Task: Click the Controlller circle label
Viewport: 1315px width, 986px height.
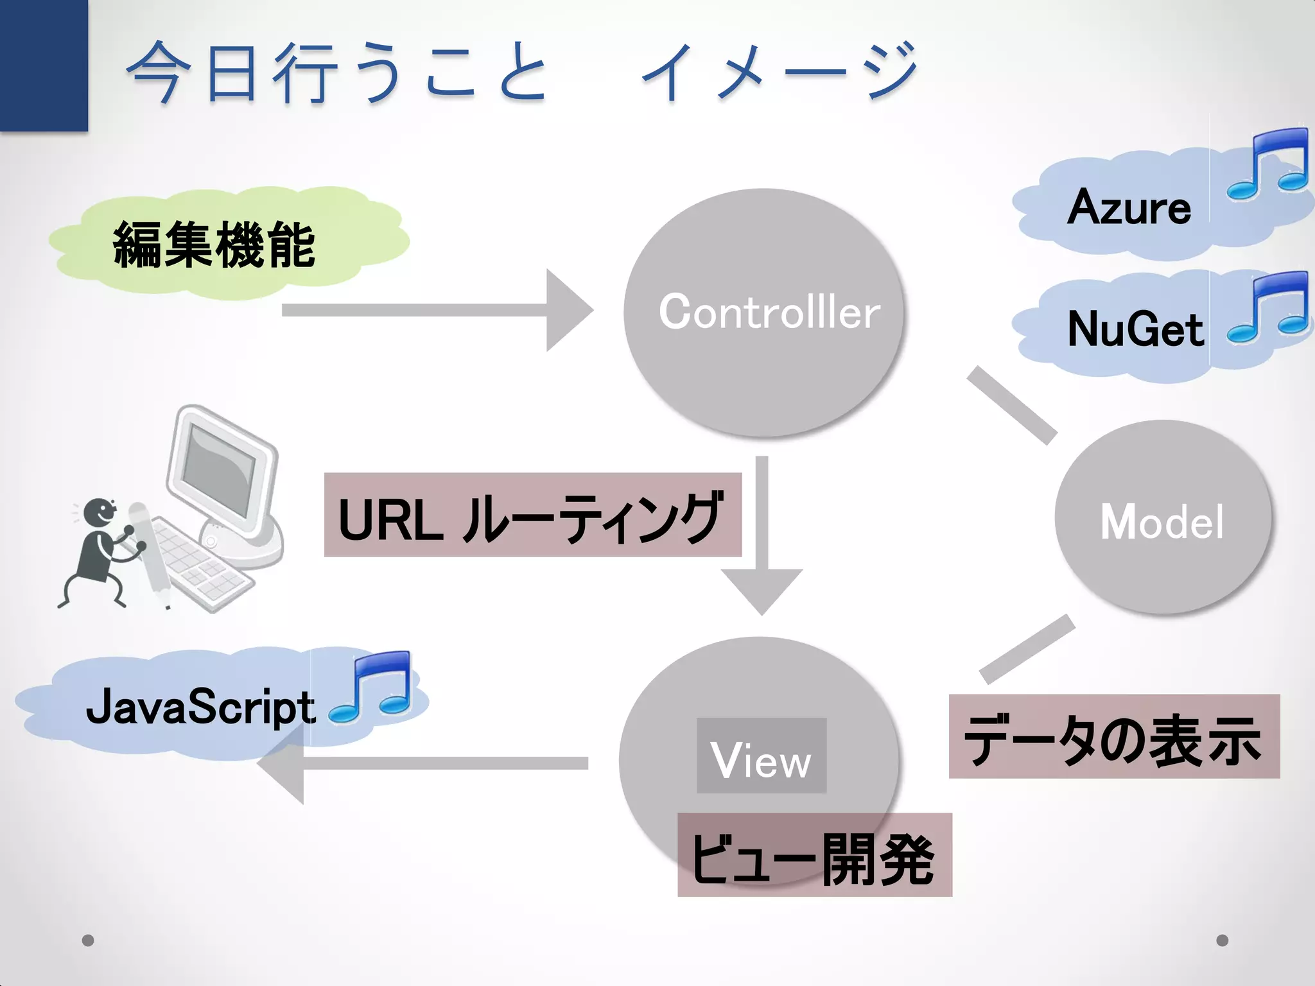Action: tap(769, 312)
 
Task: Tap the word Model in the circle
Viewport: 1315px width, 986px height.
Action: tap(1162, 521)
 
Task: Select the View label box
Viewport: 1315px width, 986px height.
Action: tap(762, 756)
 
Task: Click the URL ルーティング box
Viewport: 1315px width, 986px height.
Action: tap(532, 515)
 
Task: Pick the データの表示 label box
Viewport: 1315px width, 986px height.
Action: tap(1114, 737)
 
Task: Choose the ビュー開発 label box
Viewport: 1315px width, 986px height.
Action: tap(814, 855)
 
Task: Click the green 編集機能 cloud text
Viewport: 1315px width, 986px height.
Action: tap(214, 245)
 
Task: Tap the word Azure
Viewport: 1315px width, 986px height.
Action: tap(1129, 207)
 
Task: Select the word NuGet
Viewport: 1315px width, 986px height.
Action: tap(1135, 329)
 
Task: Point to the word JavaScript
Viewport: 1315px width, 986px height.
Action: tap(200, 707)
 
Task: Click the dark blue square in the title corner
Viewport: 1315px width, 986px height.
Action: tap(44, 64)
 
